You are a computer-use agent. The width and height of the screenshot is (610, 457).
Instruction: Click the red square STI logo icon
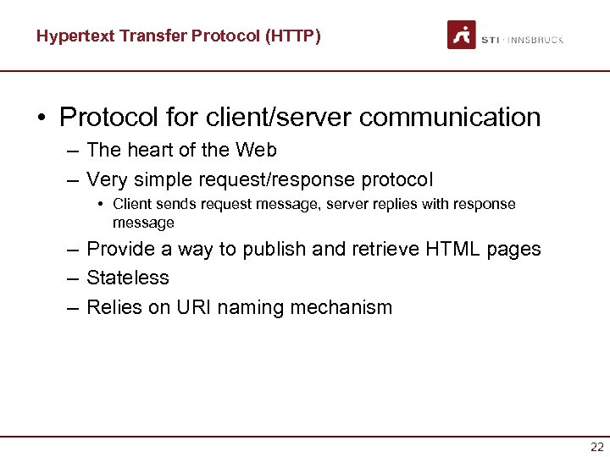462,35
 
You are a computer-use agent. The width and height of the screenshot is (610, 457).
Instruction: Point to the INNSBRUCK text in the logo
535,40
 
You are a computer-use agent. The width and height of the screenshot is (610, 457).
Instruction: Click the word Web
256,150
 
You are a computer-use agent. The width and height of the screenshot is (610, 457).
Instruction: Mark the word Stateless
128,278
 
